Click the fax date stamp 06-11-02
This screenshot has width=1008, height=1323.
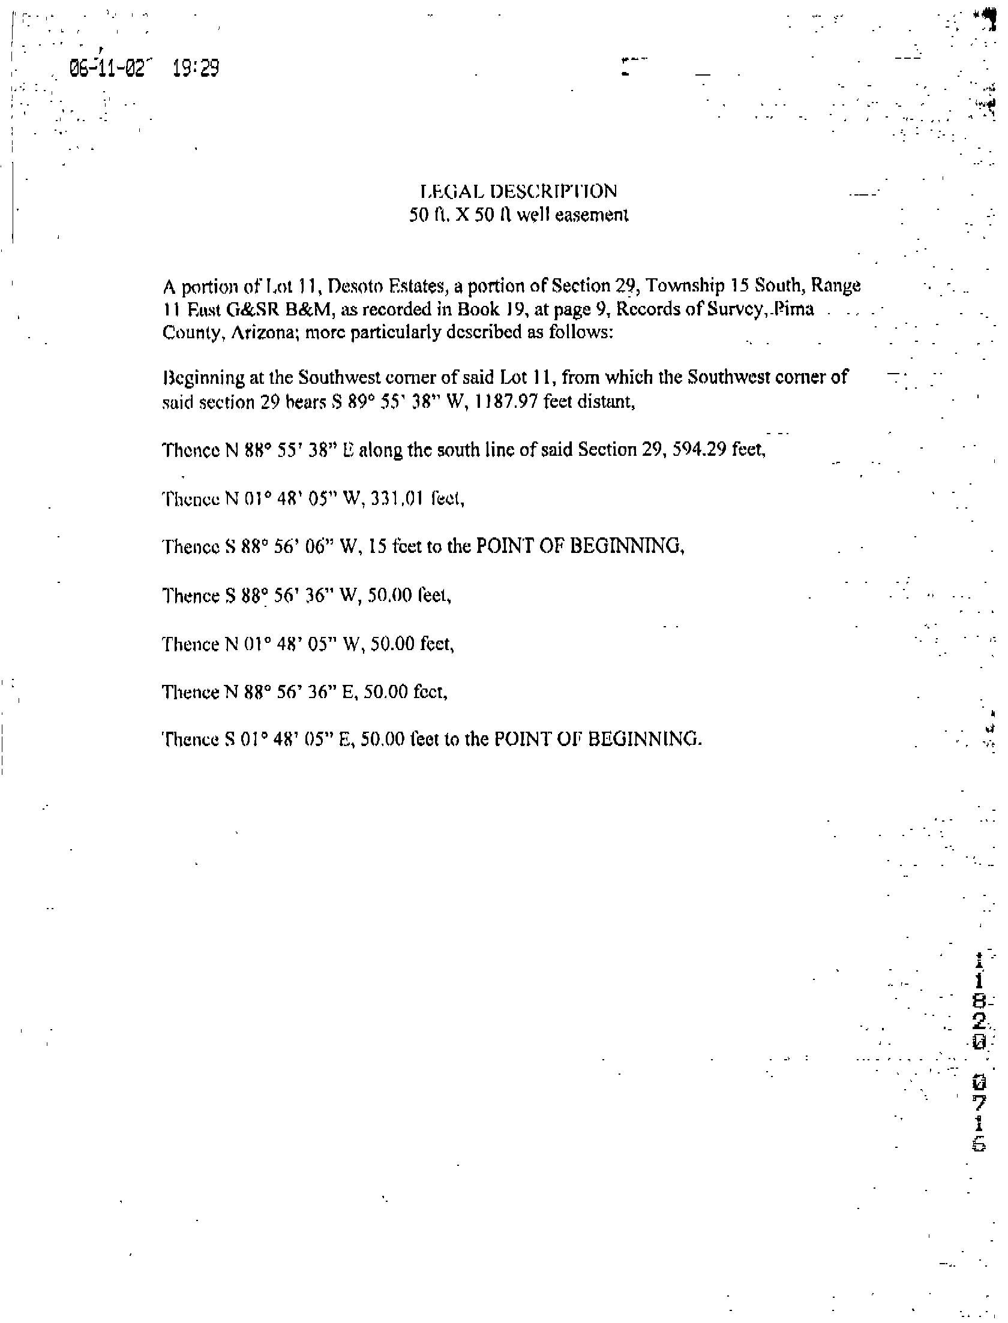[x=107, y=68]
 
